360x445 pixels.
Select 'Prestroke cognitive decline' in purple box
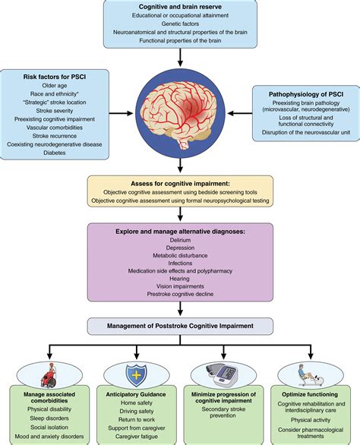pos(180,294)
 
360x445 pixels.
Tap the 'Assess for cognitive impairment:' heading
pos(180,183)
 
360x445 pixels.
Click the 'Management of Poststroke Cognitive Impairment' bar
pos(180,327)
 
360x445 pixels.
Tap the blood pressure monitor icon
pos(225,375)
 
